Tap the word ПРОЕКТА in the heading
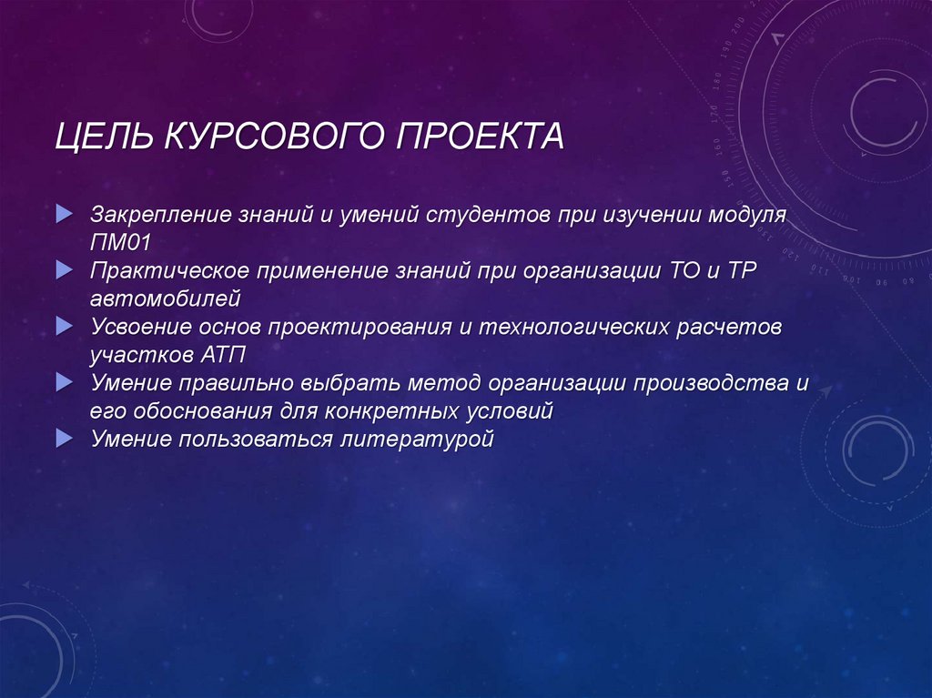pos(480,139)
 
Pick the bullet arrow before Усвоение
pos(62,325)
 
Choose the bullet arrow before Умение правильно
pos(62,382)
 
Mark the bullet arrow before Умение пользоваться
pos(62,439)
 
